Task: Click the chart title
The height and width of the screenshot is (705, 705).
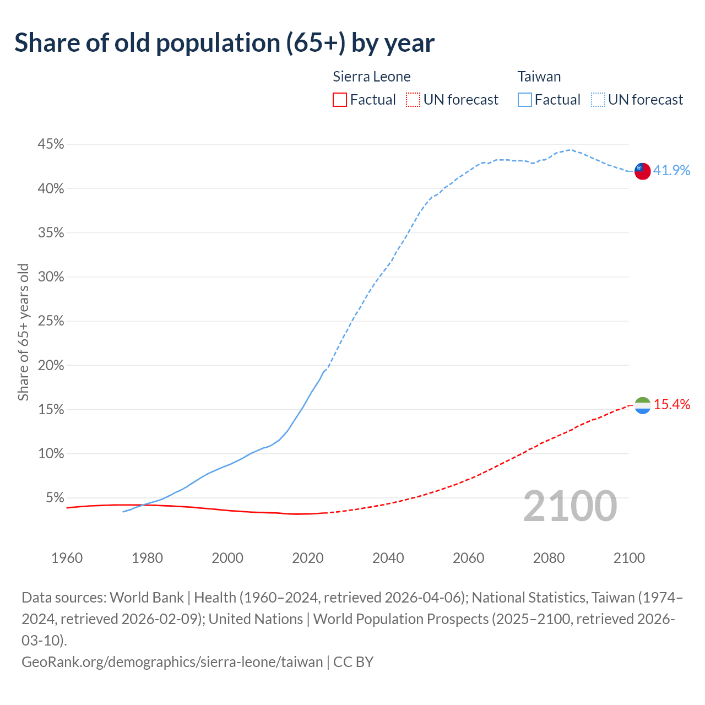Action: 224,43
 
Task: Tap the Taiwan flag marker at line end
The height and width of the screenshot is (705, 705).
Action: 642,171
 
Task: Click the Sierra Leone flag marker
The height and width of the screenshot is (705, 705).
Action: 642,405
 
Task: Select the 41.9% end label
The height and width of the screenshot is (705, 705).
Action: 671,170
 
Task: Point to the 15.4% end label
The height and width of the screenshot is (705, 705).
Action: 671,405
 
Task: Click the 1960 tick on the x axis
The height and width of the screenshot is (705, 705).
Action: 67,558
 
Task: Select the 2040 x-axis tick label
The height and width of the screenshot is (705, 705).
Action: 388,558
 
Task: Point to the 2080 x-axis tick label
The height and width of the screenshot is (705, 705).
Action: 549,558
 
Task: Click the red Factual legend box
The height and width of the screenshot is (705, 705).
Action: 340,100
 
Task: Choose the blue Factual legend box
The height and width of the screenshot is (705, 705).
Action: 524,100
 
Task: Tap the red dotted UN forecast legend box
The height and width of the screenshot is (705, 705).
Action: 413,100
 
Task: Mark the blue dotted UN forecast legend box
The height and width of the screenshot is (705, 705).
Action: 598,100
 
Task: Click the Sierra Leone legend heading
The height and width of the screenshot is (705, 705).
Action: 372,77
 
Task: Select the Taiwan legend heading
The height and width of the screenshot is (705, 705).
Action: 539,77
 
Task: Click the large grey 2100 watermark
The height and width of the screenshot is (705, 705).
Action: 570,506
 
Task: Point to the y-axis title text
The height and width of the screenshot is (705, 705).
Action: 23,332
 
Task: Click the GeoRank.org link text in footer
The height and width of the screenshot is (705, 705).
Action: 172,661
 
